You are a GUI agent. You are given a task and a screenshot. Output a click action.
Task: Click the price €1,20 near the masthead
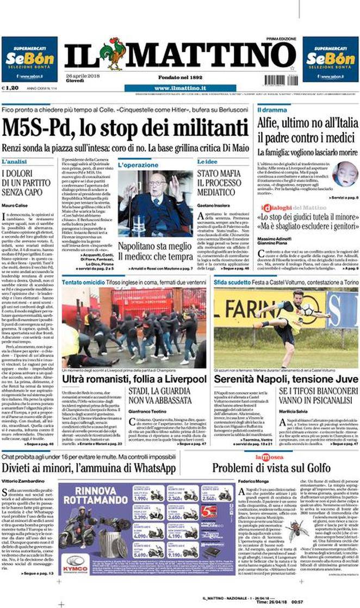point(10,88)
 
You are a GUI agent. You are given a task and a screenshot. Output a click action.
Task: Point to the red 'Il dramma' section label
point(272,110)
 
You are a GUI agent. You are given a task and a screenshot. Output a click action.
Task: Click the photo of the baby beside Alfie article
point(345,174)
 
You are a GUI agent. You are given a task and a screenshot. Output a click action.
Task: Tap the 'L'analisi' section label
point(14,162)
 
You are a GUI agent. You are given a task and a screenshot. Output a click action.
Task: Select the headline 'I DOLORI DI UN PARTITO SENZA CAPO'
point(30,183)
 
